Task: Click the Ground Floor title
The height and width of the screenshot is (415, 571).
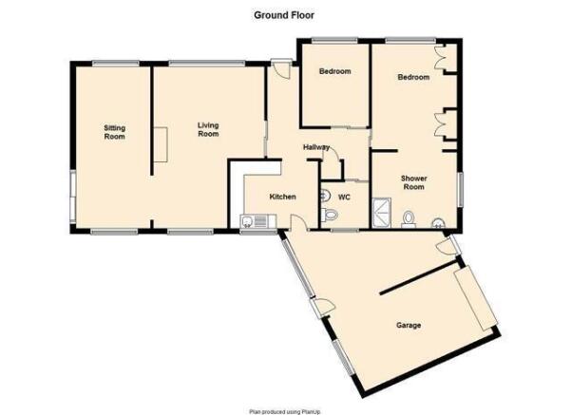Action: tap(284, 15)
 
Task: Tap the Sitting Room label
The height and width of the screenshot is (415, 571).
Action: tap(114, 132)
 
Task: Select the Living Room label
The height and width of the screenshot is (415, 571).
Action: tap(208, 129)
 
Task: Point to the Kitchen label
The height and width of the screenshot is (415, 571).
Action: tap(282, 197)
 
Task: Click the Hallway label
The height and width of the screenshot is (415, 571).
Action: tap(316, 147)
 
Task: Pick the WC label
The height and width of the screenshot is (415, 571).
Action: tap(344, 197)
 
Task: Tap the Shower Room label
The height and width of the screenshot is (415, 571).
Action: tap(413, 182)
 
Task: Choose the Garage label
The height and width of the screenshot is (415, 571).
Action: tap(409, 325)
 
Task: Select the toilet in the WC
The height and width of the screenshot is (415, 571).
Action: tap(330, 215)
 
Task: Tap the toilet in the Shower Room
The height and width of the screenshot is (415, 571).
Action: tap(409, 218)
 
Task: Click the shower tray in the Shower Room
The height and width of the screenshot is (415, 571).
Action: tap(382, 213)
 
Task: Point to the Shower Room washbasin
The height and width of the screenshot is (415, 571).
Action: tap(438, 223)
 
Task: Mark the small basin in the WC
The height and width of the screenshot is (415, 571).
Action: tap(325, 197)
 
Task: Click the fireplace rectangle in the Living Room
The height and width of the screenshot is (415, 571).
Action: tap(161, 144)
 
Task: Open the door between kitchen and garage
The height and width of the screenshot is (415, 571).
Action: tap(299, 221)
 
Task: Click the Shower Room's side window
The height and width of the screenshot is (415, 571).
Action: tap(460, 189)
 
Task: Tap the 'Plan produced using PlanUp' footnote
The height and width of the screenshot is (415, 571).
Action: tap(285, 412)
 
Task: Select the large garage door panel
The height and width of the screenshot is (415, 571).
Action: tap(476, 298)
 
